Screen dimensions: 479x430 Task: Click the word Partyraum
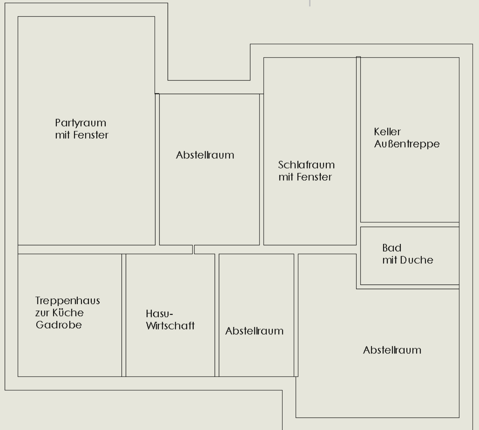point(80,123)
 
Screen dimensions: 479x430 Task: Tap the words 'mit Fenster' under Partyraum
point(82,135)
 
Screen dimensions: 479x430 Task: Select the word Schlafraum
point(306,165)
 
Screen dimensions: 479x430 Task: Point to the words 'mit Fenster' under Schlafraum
point(305,177)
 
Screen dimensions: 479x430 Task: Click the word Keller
point(387,132)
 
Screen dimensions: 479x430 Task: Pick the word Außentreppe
point(407,144)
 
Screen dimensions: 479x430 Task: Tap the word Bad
point(392,248)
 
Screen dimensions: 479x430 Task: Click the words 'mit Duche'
point(408,260)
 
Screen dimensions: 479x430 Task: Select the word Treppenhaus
point(67,301)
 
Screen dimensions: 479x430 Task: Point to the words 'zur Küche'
point(59,313)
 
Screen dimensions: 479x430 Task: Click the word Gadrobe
point(58,325)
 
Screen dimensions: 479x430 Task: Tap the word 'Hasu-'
point(159,314)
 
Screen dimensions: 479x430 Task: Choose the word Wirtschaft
point(170,326)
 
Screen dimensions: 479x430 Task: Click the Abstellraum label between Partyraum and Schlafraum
point(205,155)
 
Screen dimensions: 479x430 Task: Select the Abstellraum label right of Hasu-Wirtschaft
point(254,331)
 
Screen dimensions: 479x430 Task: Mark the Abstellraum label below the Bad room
point(392,350)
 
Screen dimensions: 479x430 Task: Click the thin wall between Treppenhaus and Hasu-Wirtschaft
point(124,315)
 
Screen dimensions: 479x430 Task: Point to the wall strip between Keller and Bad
point(409,224)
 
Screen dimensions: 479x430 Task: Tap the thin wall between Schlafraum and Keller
point(358,150)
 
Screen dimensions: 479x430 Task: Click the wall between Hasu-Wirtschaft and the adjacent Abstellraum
point(217,315)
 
